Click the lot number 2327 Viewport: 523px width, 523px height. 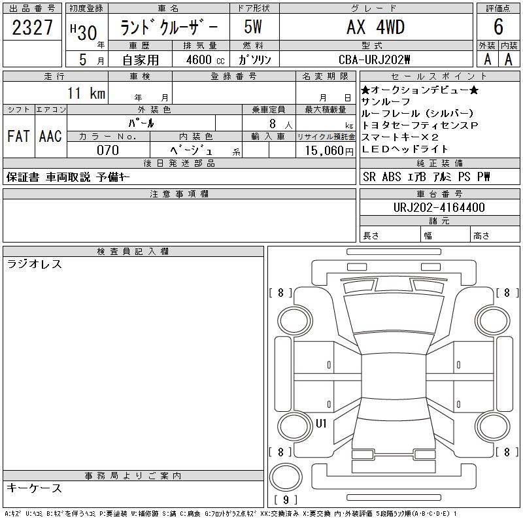coord(32,27)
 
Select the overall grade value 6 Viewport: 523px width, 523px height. coord(498,27)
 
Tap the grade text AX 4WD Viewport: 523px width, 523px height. coord(376,27)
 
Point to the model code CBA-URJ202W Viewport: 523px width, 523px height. coord(374,59)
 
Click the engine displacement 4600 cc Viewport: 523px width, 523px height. coord(205,59)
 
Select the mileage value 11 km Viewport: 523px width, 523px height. coord(86,93)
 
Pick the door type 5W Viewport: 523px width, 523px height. coord(253,27)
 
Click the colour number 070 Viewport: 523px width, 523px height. coord(108,150)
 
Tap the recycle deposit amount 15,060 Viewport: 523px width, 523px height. coord(324,150)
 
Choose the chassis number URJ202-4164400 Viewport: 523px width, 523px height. coord(439,207)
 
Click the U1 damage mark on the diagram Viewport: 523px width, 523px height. coord(321,424)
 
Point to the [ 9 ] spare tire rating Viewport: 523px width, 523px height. coord(286,499)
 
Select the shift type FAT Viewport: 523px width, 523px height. coord(18,136)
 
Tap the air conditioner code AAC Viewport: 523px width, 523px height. coord(50,136)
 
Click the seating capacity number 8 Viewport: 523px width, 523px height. coord(273,124)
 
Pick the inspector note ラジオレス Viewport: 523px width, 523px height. coord(35,264)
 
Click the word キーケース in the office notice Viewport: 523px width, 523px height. coord(35,488)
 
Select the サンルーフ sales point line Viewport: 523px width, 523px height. coord(386,101)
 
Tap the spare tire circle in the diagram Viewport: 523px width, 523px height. coord(286,477)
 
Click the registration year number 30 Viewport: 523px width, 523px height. coord(87,33)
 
